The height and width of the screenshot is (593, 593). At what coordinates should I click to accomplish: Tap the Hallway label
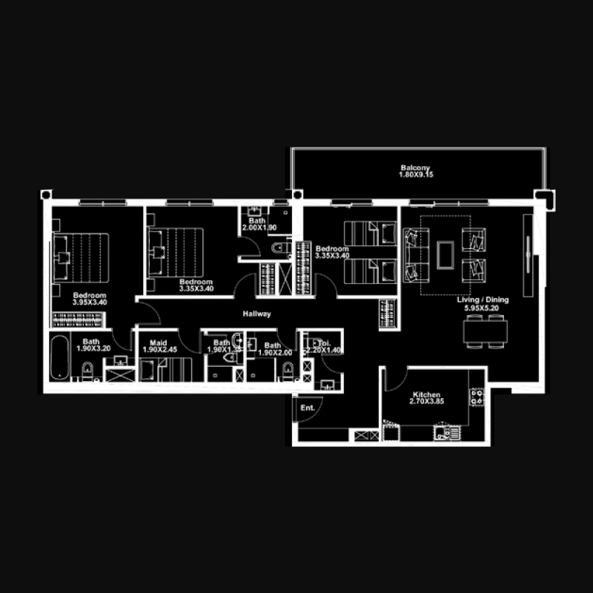(256, 314)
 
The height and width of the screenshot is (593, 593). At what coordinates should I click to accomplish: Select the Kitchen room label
(426, 395)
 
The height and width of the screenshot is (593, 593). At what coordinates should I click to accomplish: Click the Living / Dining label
(481, 299)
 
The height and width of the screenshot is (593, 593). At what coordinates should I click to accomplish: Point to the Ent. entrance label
(308, 408)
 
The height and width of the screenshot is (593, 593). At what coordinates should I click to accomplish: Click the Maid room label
(159, 343)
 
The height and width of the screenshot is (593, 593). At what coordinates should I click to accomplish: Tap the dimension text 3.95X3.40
(90, 302)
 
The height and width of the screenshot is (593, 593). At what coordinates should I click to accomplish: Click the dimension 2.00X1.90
(258, 228)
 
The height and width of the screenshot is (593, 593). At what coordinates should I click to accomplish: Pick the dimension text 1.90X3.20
(93, 348)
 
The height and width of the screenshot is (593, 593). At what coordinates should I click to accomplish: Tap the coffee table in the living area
(445, 253)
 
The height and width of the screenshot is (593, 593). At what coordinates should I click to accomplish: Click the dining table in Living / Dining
(486, 330)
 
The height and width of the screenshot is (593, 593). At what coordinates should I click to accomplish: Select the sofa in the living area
(416, 253)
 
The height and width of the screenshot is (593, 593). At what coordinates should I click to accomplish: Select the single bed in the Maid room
(168, 368)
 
